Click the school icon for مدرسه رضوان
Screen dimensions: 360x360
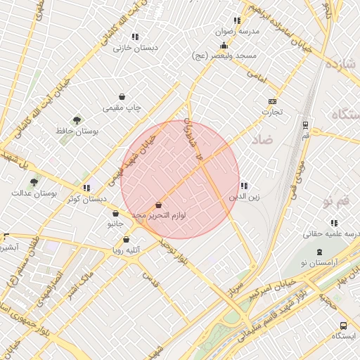tap(237, 21)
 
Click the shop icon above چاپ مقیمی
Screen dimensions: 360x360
tap(122, 97)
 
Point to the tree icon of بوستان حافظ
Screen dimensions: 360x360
tap(76, 121)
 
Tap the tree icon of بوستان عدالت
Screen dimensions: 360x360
tap(34, 181)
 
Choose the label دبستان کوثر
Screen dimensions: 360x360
tap(85, 199)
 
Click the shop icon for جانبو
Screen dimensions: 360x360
tap(115, 213)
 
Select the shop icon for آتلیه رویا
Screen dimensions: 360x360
tap(125, 239)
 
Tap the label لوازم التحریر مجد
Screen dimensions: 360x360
tap(159, 215)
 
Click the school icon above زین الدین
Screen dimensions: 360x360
tap(244, 186)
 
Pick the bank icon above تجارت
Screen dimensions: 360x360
tap(272, 101)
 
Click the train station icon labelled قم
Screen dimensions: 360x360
tap(305, 125)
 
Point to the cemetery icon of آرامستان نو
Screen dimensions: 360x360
tap(320, 252)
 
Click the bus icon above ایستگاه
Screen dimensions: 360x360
tap(343, 326)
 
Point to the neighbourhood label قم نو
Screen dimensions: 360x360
tap(336, 202)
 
